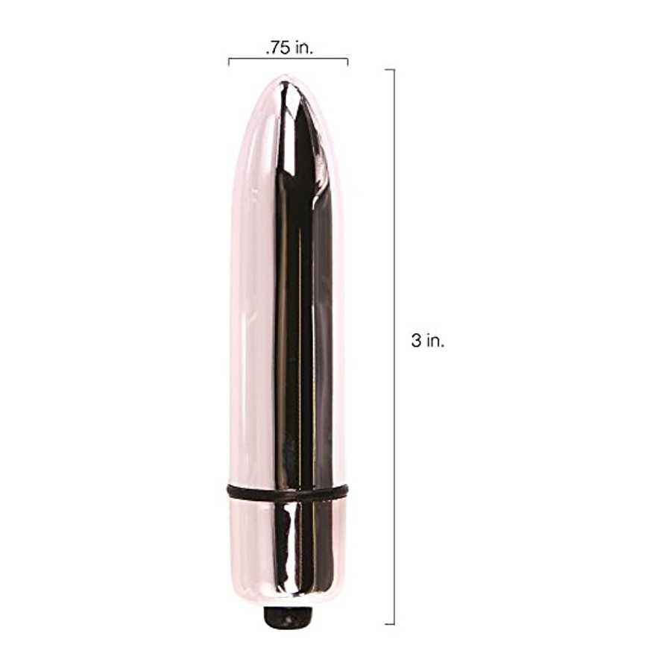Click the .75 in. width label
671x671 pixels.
(289, 48)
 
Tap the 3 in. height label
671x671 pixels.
(428, 341)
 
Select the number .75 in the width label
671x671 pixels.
(277, 48)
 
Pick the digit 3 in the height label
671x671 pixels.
(416, 341)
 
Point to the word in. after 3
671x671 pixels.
(435, 341)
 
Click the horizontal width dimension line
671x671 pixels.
(288, 59)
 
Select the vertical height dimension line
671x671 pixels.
(394, 347)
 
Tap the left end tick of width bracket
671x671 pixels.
(229, 63)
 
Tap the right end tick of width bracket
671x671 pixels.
(347, 63)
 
